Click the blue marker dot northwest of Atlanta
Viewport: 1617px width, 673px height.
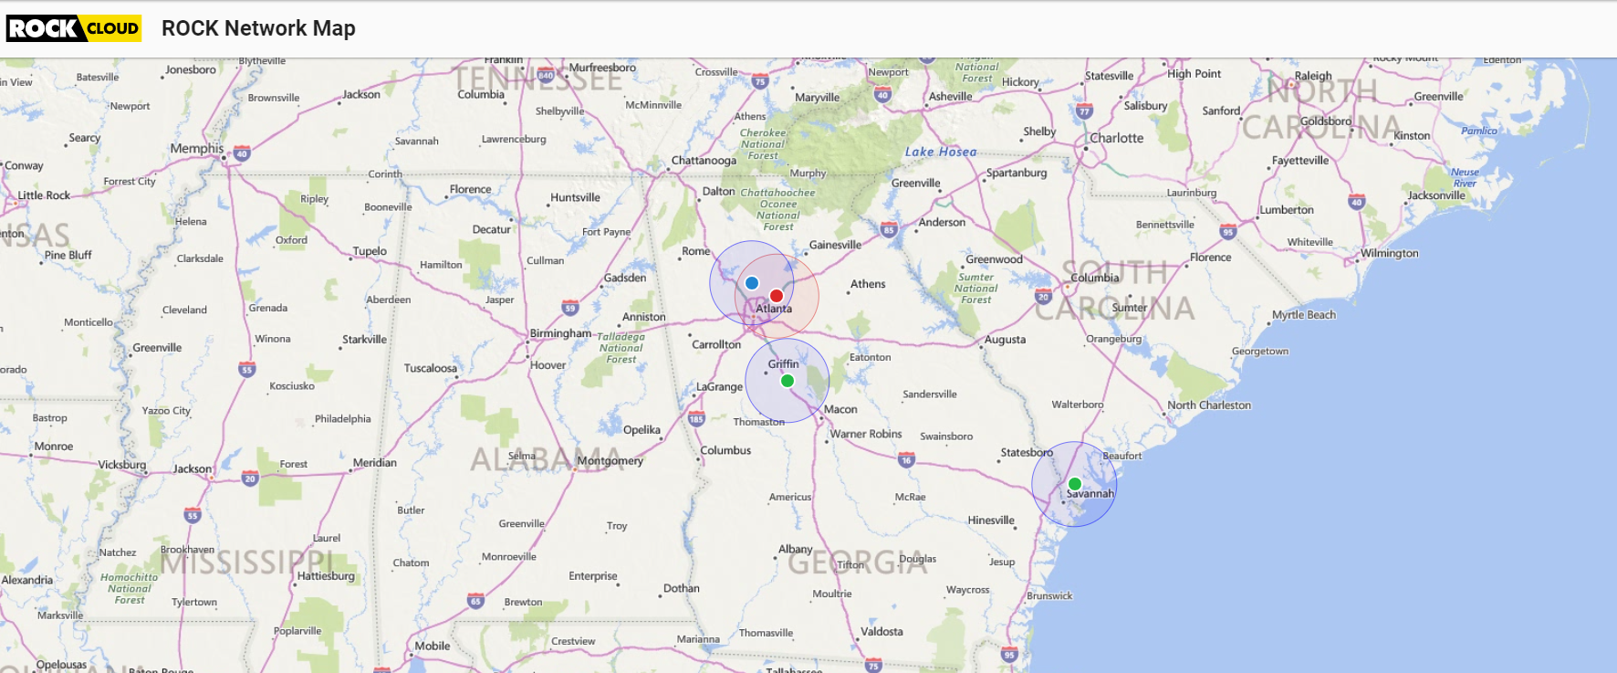pos(752,283)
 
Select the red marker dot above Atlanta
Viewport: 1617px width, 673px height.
pos(777,296)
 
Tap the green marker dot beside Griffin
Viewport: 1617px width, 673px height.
pos(788,381)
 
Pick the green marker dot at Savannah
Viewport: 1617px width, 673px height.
pos(1075,484)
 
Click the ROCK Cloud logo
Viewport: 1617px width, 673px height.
pos(74,28)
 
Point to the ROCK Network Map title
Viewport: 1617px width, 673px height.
pos(258,28)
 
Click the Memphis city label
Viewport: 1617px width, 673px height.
pos(196,148)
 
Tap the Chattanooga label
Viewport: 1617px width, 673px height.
pos(704,161)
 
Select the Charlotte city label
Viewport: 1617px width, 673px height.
pos(1116,138)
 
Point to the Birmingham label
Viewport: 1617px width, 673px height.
pos(560,333)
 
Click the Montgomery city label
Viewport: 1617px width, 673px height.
pos(610,461)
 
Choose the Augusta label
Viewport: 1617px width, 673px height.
pos(1005,340)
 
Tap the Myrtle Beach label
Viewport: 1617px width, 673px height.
pos(1303,315)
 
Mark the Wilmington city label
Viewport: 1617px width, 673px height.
pos(1389,253)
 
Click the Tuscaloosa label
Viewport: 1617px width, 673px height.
pos(431,368)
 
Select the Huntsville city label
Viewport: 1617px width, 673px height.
pos(575,197)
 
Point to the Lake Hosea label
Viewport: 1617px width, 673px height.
pos(941,152)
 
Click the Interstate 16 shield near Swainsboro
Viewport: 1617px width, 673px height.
pos(906,459)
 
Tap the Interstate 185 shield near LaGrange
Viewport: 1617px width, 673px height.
pos(696,419)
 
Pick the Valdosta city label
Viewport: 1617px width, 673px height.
pos(882,631)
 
